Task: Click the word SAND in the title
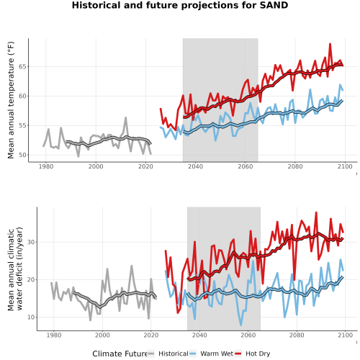pos(274,5)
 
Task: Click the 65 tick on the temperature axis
pos(22,66)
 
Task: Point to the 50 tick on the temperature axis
pos(22,155)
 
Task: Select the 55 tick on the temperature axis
pos(22,125)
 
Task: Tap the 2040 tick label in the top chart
pos(195,166)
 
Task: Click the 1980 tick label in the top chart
pos(46,166)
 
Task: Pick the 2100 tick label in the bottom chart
pos(345,335)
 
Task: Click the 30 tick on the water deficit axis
pos(31,242)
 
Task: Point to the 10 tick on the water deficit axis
pos(31,317)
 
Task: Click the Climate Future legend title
pos(120,354)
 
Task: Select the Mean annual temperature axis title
pos(11,100)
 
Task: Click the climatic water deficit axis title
pos(15,269)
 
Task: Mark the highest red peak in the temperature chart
pos(330,44)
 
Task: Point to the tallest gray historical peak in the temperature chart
pos(125,117)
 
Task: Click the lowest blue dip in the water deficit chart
pos(241,325)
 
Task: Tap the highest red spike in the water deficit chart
pos(316,212)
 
